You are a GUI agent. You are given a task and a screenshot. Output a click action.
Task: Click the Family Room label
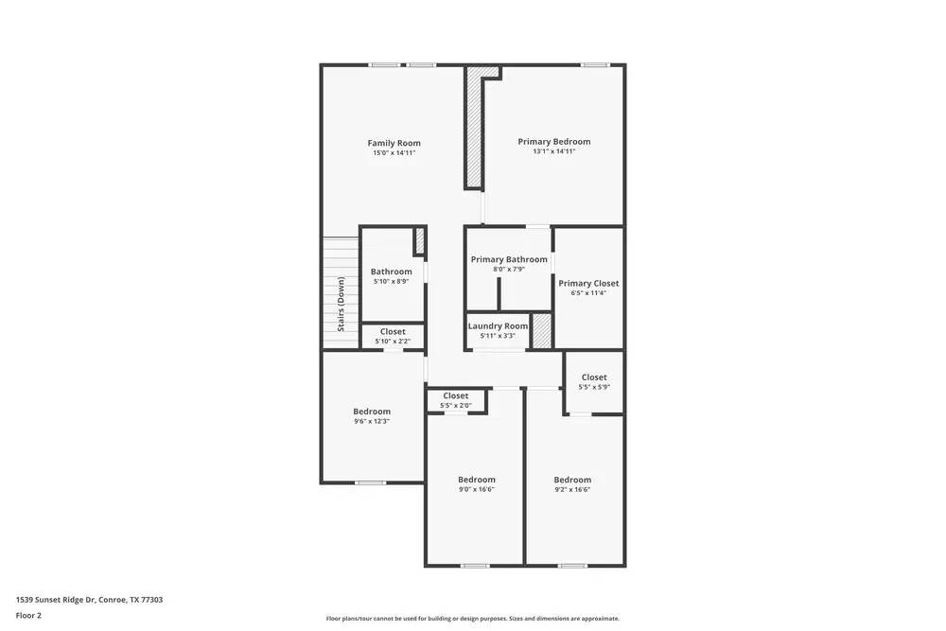coord(394,143)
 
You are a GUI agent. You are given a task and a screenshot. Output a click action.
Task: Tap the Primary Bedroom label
coord(553,142)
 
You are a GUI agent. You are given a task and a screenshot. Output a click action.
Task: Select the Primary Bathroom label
coord(509,259)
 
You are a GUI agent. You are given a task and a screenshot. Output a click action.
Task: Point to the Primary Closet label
coord(588,283)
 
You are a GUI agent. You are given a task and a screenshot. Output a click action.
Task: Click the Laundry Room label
coord(498,326)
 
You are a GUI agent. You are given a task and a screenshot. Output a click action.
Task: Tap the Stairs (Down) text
coord(341,304)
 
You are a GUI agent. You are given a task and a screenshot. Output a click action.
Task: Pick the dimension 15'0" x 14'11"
coord(394,153)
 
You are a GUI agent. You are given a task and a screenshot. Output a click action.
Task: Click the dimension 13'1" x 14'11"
coord(553,151)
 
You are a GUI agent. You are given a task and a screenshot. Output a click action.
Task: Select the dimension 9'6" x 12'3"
coord(372,421)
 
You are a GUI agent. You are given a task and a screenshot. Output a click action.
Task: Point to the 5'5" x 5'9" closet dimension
coord(594,387)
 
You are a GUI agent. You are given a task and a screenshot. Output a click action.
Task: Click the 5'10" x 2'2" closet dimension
coord(393,342)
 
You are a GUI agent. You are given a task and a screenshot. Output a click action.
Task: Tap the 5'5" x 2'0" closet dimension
coord(455,406)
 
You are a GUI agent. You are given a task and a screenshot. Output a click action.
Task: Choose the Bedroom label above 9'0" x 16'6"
coord(477,480)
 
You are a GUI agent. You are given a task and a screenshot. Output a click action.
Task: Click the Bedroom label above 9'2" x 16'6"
coord(572,480)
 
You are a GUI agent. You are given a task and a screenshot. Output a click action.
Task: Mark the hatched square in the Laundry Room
coord(541,330)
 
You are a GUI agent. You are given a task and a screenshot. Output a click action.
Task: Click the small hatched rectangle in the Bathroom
coord(420,240)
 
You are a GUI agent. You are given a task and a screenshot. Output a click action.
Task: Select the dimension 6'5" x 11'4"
coord(588,293)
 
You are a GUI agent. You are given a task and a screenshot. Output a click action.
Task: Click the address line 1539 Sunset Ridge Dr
coord(89,600)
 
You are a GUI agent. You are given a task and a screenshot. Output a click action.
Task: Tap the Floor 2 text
coord(28,615)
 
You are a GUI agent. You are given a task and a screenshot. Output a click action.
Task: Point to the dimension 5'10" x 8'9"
coord(391,281)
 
